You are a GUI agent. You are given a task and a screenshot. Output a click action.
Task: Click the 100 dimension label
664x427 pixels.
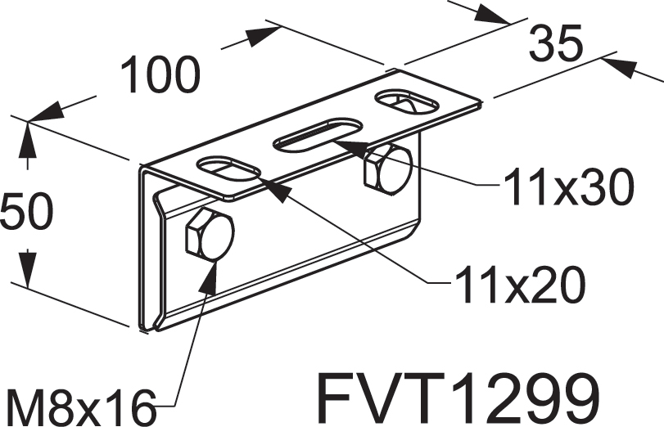[160, 75]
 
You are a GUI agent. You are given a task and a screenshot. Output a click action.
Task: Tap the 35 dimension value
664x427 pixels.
[556, 43]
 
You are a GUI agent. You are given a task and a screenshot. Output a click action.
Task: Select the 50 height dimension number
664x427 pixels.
[27, 211]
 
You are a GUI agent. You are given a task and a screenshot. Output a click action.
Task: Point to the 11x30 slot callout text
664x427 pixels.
[568, 187]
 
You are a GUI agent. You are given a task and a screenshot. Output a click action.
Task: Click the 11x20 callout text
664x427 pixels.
[520, 284]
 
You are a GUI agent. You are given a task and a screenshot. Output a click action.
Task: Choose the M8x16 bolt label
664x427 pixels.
[79, 407]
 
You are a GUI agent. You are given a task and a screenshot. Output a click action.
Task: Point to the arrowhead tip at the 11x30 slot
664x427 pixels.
[334, 142]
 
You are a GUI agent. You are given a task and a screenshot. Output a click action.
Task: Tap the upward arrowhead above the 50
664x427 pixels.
[28, 124]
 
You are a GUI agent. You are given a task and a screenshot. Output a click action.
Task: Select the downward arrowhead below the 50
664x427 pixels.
[28, 289]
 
